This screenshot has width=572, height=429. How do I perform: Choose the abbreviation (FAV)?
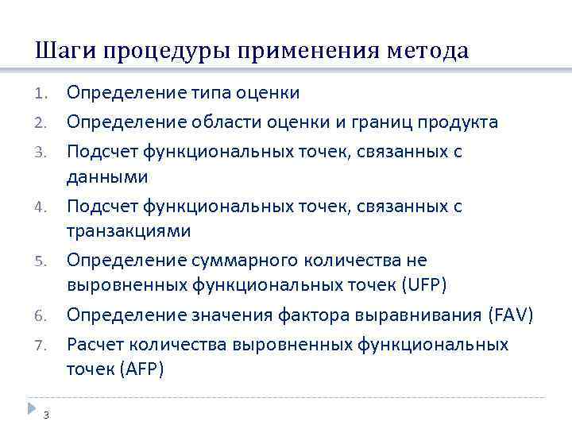(508, 315)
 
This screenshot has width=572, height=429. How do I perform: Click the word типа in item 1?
(214, 93)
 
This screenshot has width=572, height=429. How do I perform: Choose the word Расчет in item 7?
(94, 345)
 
